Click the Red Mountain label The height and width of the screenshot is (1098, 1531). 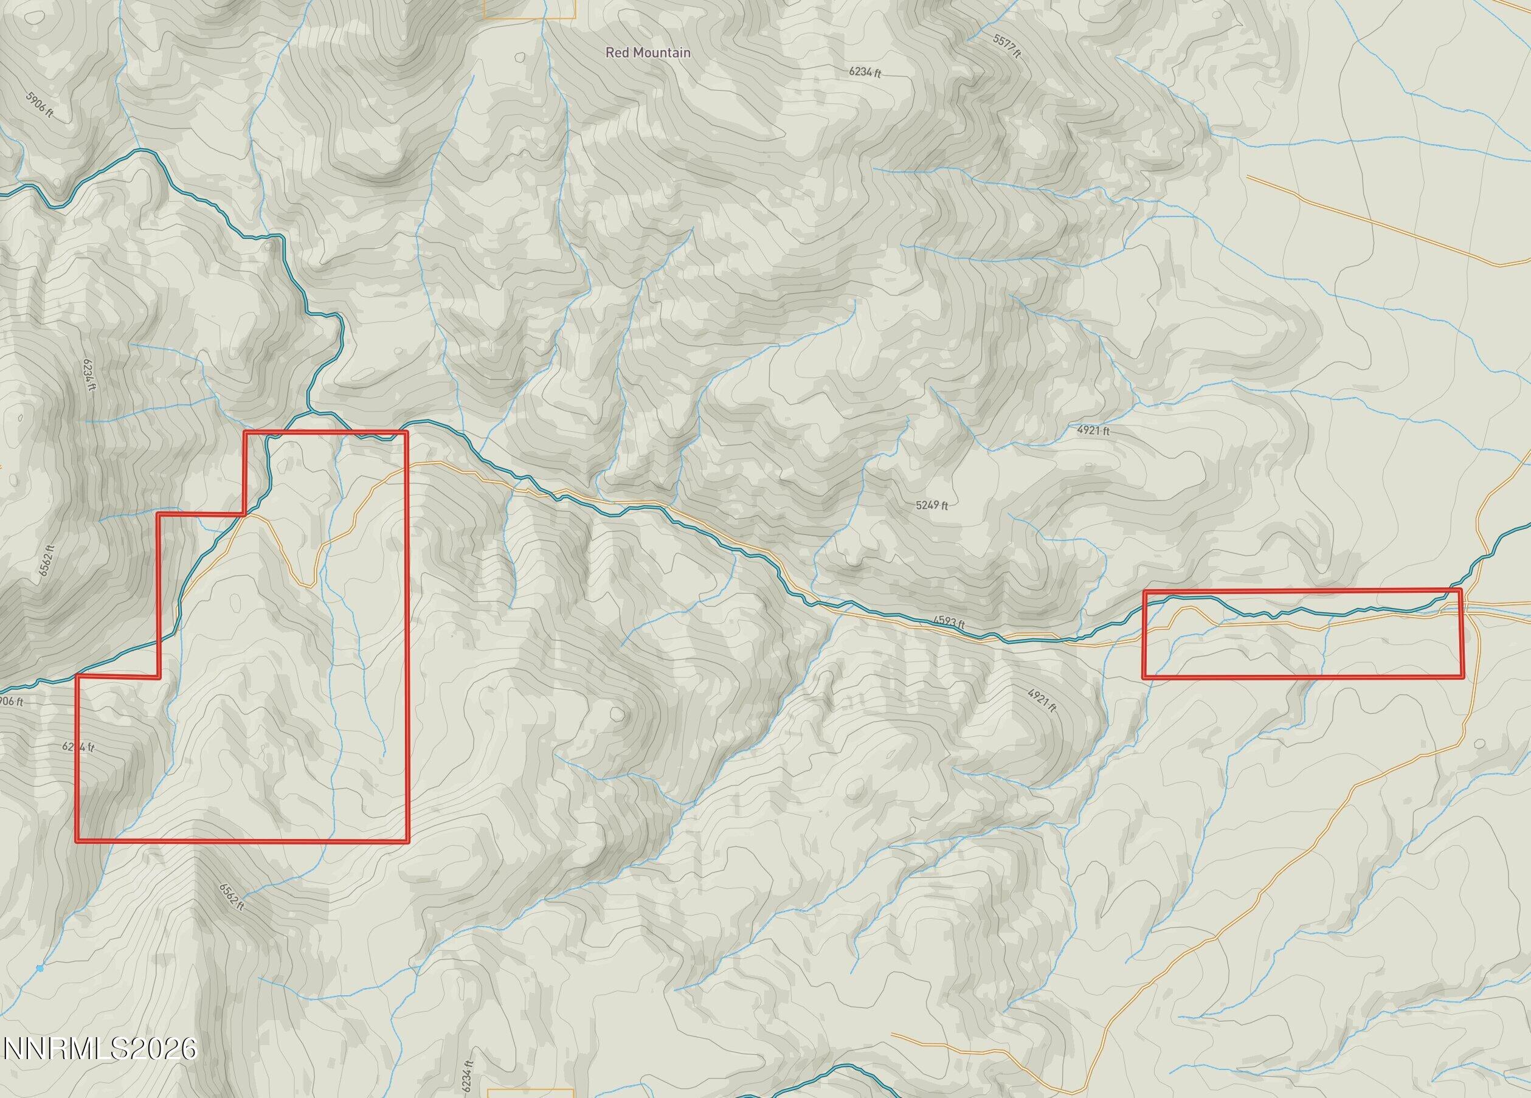point(648,52)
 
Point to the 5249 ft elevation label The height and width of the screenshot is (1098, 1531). point(931,505)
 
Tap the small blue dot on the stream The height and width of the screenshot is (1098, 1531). point(40,987)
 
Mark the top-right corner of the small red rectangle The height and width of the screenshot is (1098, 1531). point(1461,590)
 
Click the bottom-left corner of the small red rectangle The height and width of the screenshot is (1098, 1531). point(1144,677)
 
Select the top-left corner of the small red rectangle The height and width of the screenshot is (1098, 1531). point(1144,592)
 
